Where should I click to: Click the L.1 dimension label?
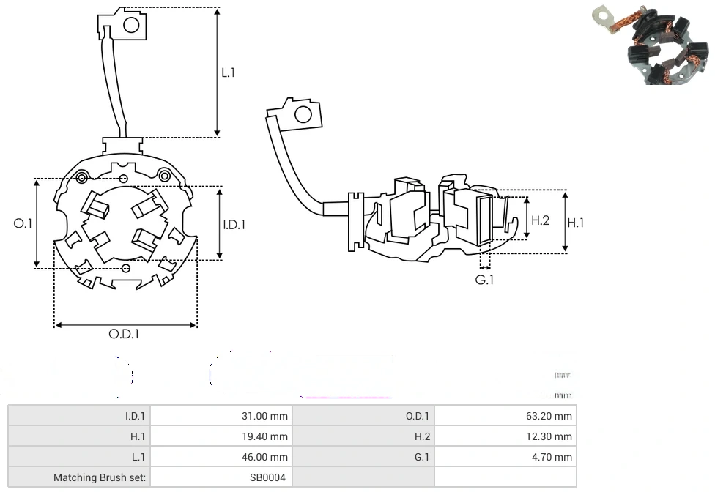coord(229,72)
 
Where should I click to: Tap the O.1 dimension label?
coord(23,223)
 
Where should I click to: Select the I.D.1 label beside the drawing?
coord(234,225)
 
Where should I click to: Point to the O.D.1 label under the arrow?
coord(124,334)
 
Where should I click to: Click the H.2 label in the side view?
coord(540,220)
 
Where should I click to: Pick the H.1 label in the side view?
coord(576,223)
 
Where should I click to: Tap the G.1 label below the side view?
coord(484,280)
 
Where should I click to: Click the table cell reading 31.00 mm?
coord(264,416)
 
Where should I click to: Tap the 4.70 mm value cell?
coord(555,457)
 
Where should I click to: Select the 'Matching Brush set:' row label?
coord(100,477)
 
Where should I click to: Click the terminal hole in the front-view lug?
coord(131,25)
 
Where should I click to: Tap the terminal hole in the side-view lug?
coord(303,114)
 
